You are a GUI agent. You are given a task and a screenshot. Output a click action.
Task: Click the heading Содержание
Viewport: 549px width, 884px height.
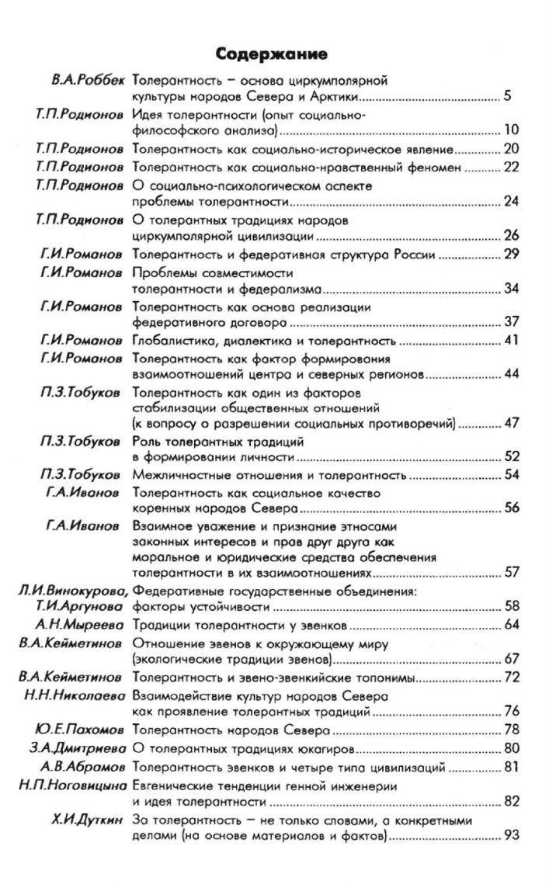coord(282,55)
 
